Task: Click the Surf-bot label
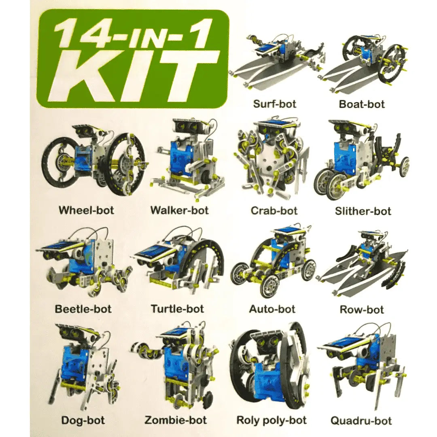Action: point(274,104)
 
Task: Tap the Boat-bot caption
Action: point(362,104)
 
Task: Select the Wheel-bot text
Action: point(87,210)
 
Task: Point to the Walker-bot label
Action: point(180,210)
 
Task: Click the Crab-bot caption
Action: point(274,210)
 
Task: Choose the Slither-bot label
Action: point(363,211)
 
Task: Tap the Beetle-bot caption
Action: point(83,309)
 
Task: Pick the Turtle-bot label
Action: point(178,309)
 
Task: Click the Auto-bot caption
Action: point(272,309)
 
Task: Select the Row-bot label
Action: point(362,310)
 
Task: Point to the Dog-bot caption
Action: point(83,420)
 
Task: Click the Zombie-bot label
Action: point(176,420)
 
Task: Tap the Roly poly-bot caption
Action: point(272,420)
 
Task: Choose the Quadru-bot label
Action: point(361,420)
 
